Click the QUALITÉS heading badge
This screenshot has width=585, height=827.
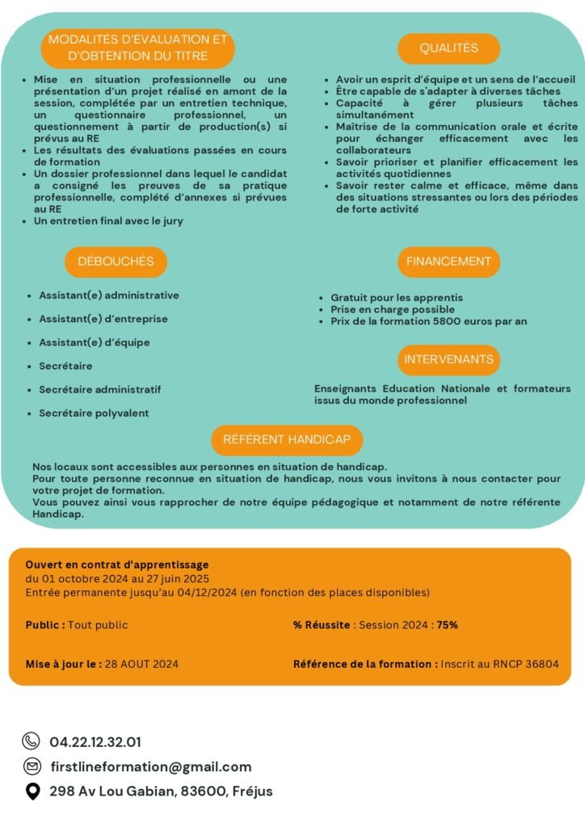tap(448, 48)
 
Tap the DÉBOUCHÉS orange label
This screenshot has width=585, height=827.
tap(116, 262)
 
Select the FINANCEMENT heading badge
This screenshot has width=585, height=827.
tap(448, 262)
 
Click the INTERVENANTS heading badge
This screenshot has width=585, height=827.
tap(448, 359)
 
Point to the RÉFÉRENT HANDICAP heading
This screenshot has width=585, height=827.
tap(287, 439)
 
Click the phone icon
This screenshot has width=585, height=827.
tap(32, 741)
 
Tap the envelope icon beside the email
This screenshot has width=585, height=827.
tap(32, 766)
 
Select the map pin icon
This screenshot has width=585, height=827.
tap(32, 791)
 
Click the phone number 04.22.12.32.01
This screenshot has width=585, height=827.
tap(95, 741)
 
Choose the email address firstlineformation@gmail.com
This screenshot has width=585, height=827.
tap(150, 766)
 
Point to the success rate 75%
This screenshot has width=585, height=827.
tap(448, 625)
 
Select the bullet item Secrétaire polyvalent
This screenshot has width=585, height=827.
tap(94, 413)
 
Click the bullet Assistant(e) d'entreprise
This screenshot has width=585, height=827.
tap(103, 319)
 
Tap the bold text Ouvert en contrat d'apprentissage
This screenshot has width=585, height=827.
tap(117, 565)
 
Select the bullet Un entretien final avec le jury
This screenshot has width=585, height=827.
tap(108, 220)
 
